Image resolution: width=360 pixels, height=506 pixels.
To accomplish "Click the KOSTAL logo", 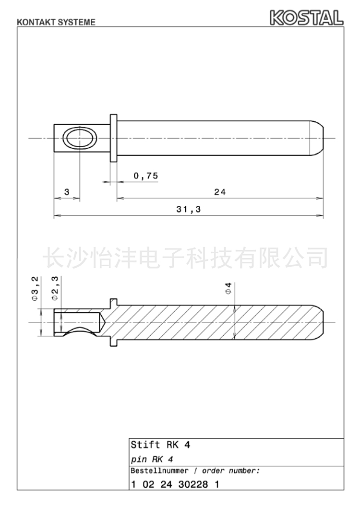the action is click(x=306, y=17).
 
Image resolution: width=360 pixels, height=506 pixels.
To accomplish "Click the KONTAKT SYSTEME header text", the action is click(x=56, y=22).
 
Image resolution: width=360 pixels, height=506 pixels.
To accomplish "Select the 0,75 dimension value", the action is click(x=146, y=176).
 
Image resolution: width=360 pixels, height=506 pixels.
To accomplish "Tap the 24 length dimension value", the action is click(x=220, y=192).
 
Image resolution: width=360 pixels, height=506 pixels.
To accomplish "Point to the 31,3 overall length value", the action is click(x=189, y=210).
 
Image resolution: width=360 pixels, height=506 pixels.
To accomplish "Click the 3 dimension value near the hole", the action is click(x=67, y=192).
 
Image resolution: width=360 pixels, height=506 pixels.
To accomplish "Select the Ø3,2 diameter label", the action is click(x=35, y=289).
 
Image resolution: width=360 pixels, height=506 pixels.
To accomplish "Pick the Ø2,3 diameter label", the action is click(x=55, y=289).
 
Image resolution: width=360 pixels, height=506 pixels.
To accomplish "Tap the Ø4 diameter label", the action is click(x=228, y=288).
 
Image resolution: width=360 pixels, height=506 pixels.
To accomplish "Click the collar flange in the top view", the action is click(x=113, y=138).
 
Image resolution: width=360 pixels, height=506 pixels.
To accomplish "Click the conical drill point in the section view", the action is click(x=101, y=322).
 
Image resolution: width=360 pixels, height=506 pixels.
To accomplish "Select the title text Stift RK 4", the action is click(x=160, y=445).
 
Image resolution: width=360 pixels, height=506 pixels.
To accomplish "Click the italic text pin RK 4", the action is click(x=152, y=459).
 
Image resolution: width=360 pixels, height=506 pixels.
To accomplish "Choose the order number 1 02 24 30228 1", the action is click(x=175, y=484).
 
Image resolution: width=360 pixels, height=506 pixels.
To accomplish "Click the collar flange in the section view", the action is click(x=113, y=322).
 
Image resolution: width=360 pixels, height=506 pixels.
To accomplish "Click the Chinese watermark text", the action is click(x=186, y=258).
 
